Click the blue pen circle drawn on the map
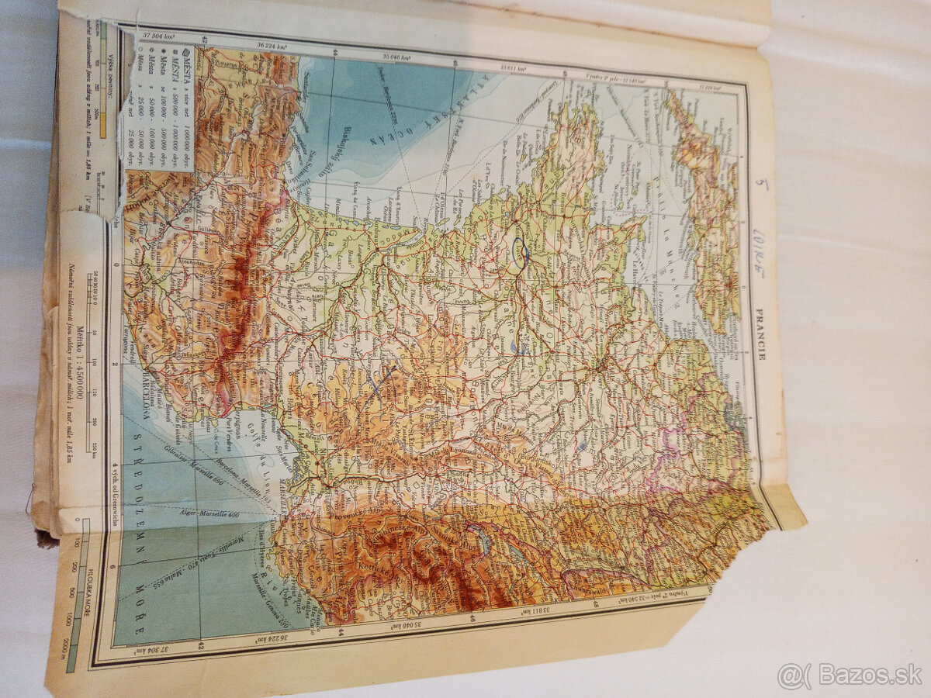520,253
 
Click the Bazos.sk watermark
850,675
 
